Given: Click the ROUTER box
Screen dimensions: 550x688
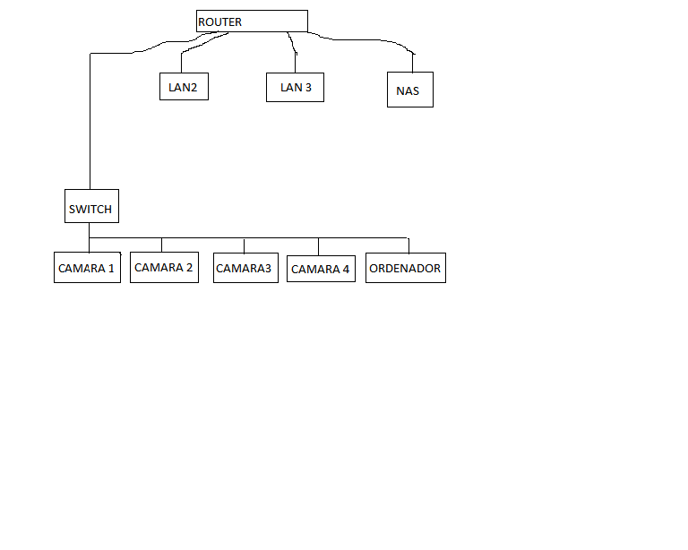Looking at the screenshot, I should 252,21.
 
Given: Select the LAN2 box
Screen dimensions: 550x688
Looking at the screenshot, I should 183,87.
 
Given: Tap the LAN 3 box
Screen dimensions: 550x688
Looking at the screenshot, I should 295,87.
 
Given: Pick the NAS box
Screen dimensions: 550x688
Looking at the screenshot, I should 409,90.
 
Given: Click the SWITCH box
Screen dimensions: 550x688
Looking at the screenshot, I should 90,207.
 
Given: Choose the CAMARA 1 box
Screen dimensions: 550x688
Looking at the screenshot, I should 87,268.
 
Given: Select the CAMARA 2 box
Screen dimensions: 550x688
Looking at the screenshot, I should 164,268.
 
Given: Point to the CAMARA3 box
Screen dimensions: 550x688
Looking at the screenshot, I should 245,268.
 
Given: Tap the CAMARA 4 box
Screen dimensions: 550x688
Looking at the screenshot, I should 320,268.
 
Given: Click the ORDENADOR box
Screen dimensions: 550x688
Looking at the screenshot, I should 405,268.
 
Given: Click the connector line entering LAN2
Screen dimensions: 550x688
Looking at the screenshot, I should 182,63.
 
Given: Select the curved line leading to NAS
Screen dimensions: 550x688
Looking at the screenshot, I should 376,41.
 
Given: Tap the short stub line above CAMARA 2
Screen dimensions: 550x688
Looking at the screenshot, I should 161,245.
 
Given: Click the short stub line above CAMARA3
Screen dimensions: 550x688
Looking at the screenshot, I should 244,246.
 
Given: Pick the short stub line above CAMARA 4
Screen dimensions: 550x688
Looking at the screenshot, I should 318,247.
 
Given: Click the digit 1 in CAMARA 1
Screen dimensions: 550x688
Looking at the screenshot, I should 111,268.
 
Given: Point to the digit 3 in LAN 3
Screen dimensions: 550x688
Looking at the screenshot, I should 308,87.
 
